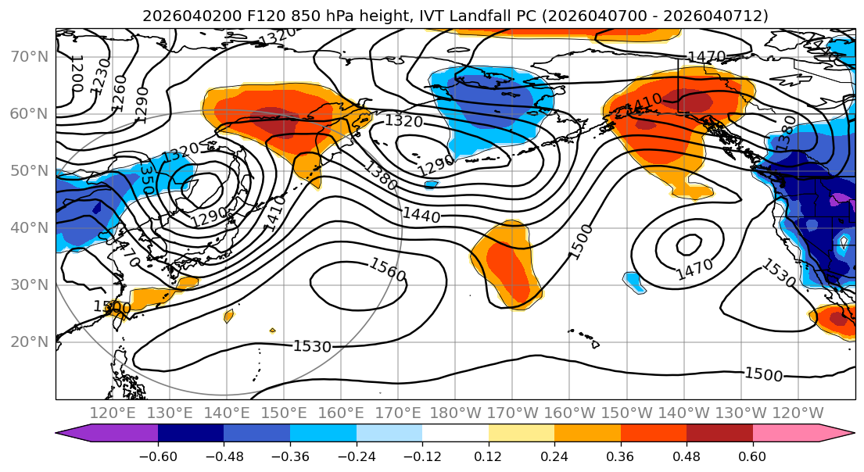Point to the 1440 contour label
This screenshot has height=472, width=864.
tap(421, 214)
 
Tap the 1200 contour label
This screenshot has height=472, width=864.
tap(77, 73)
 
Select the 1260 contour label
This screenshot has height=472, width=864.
tap(118, 90)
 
